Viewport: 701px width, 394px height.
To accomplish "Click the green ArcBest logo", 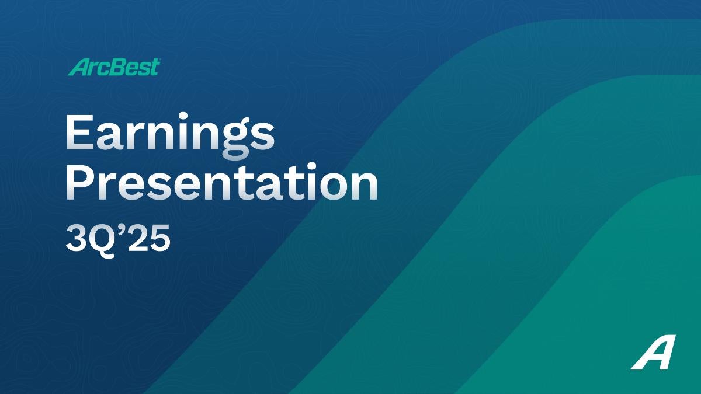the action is (114, 67).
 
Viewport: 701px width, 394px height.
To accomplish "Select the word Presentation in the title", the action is (221, 182).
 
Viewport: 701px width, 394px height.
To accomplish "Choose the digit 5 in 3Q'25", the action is (159, 239).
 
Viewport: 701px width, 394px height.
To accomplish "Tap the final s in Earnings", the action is (263, 137).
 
